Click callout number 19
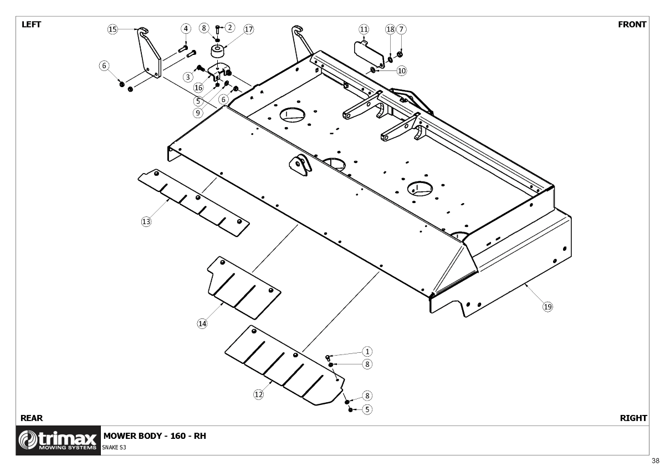548,306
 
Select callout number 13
146,221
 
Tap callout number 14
202,323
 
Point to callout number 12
258,394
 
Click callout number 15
112,29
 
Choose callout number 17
248,29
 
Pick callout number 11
364,29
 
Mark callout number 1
367,351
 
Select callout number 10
402,70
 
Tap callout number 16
198,88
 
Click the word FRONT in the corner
632,24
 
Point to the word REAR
32,418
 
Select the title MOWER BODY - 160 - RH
155,435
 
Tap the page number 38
656,460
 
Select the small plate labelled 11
369,52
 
